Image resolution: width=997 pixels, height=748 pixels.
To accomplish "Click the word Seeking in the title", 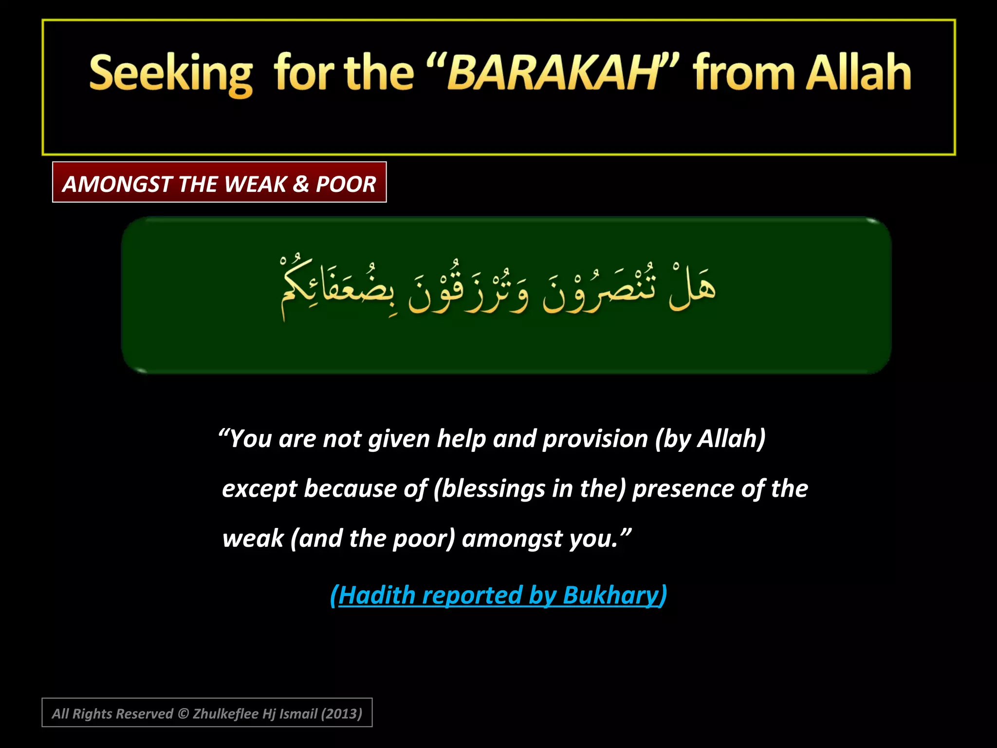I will pyautogui.click(x=171, y=74).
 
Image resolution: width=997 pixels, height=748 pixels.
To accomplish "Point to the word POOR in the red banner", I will pyautogui.click(x=346, y=184).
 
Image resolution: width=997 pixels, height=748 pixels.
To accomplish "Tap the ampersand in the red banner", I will pyautogui.click(x=301, y=184).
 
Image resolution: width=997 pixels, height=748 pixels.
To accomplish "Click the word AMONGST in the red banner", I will pyautogui.click(x=117, y=184).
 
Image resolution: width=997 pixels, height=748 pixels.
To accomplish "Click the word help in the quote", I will pyautogui.click(x=461, y=439).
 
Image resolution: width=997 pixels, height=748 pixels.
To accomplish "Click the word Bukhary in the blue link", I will pyautogui.click(x=610, y=595).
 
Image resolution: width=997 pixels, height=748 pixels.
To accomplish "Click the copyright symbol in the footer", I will pyautogui.click(x=183, y=714).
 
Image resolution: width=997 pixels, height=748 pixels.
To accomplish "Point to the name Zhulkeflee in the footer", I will pyautogui.click(x=225, y=714).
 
